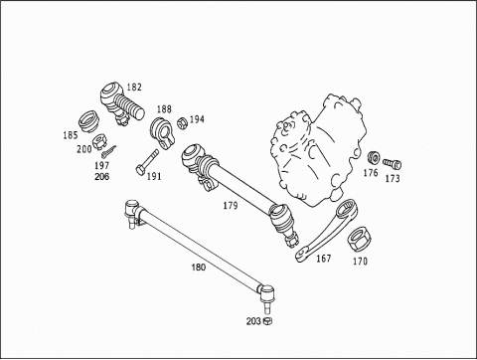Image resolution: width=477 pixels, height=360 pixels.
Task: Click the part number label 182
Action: pos(134,88)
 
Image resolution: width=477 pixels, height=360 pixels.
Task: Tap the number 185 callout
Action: pos(71,135)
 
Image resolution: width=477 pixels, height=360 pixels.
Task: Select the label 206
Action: pos(101,176)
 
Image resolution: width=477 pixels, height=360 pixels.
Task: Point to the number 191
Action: pos(154,176)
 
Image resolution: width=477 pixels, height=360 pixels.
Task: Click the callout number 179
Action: pos(231,206)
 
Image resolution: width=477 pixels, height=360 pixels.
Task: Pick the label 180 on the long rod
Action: pos(199,267)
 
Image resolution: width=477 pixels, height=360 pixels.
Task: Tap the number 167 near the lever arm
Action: pos(324,258)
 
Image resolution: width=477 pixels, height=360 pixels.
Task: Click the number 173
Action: pos(393,179)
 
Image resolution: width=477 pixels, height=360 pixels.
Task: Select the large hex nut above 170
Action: pos(359,240)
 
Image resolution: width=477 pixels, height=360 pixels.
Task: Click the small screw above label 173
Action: pos(393,164)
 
